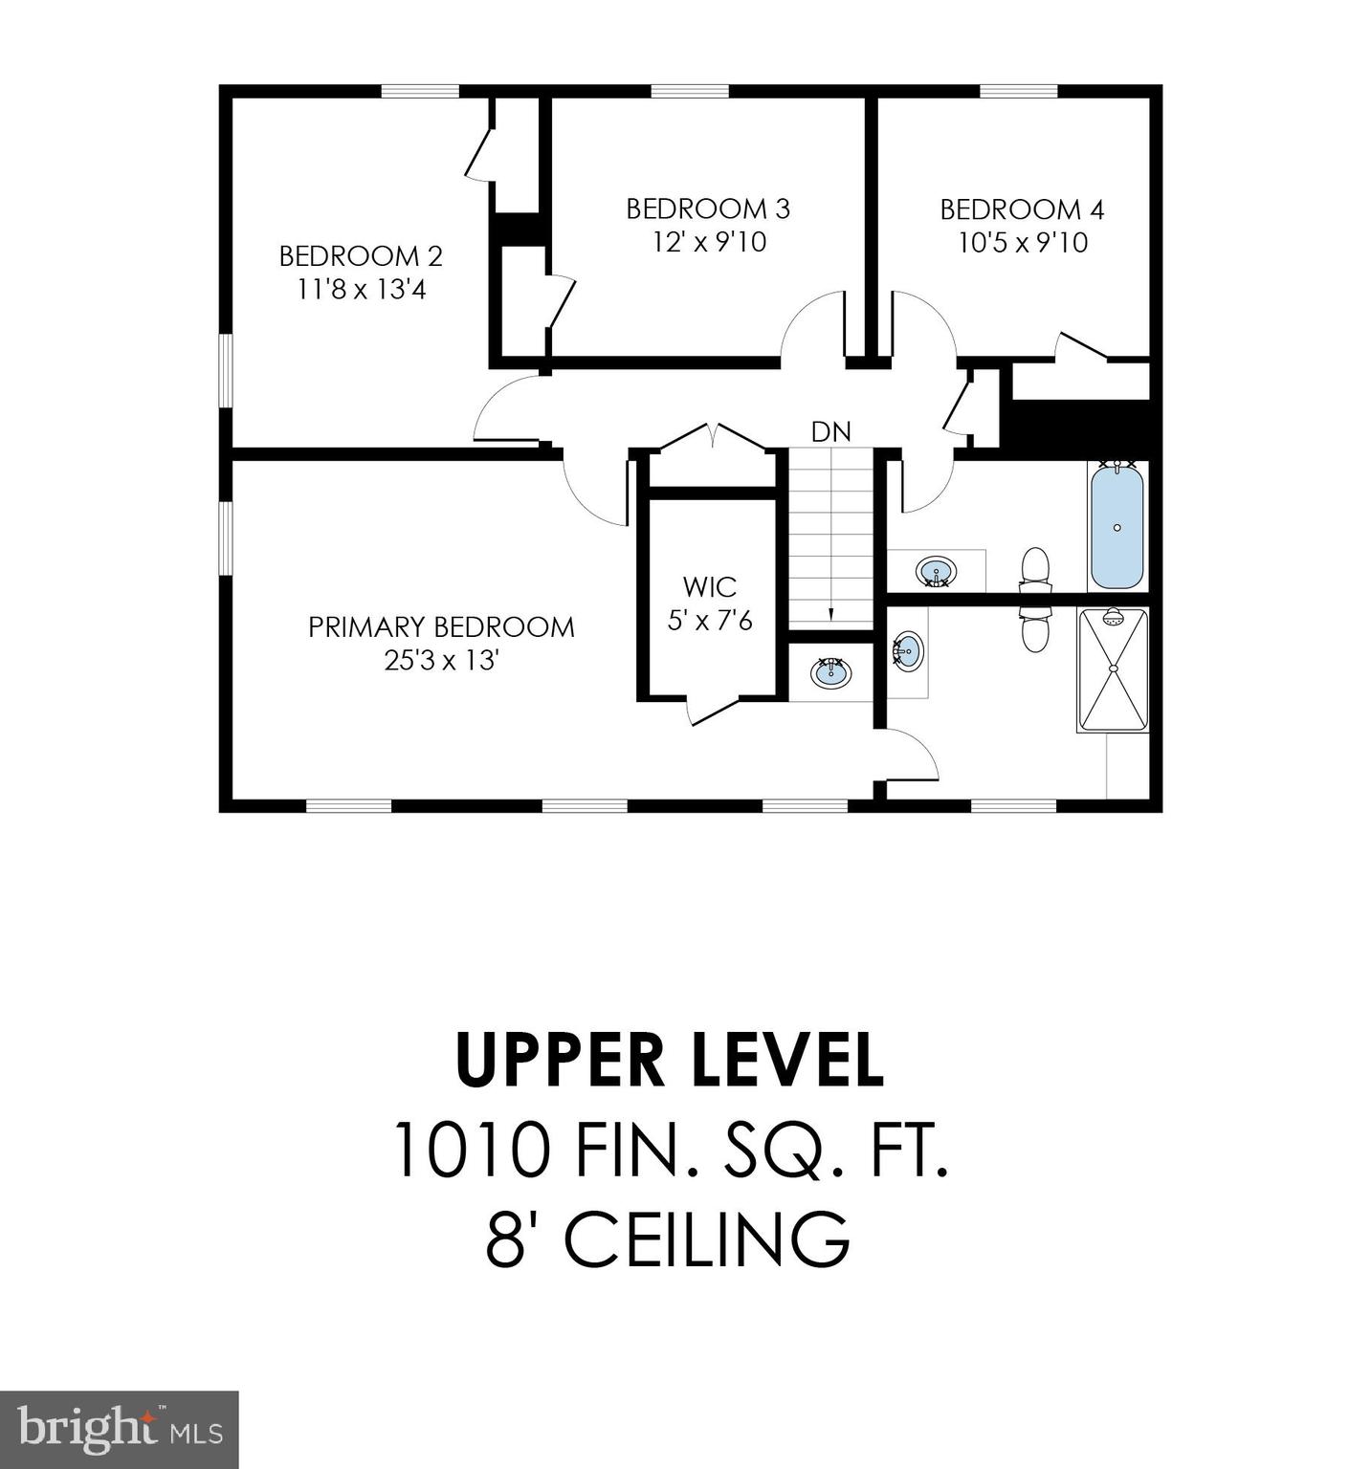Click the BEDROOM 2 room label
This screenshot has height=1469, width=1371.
[361, 256]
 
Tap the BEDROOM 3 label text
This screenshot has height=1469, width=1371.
[708, 208]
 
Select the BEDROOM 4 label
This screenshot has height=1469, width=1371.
[1022, 209]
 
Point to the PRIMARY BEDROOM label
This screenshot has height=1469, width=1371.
[441, 627]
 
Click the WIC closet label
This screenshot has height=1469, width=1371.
[710, 586]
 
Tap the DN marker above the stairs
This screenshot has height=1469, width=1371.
[830, 432]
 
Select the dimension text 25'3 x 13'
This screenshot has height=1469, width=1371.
[441, 661]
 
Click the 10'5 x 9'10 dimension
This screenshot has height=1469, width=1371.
[1022, 243]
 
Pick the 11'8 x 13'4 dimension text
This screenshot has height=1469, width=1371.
[361, 290]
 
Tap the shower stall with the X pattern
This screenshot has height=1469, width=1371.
[1113, 669]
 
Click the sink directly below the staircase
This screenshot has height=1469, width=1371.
[830, 672]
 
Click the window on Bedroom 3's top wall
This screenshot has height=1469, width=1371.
[690, 92]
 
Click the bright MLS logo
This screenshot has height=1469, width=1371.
[119, 1430]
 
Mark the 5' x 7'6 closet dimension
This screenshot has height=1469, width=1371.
[710, 621]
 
